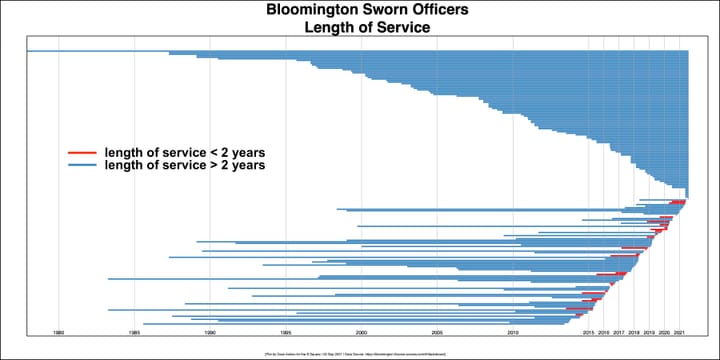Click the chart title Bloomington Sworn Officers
pyautogui.click(x=359, y=10)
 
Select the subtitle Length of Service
pyautogui.click(x=359, y=28)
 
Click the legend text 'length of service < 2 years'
pyautogui.click(x=184, y=152)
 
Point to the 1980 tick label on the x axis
pyautogui.click(x=59, y=331)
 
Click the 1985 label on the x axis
pyautogui.click(x=134, y=331)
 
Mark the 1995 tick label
pyautogui.click(x=286, y=331)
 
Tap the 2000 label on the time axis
pyautogui.click(x=361, y=331)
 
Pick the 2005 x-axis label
pyautogui.click(x=437, y=331)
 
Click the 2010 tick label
pyautogui.click(x=513, y=331)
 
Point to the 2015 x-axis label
pyautogui.click(x=589, y=331)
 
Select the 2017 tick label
pyautogui.click(x=619, y=331)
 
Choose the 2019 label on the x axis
pyautogui.click(x=649, y=331)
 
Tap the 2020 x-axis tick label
pyautogui.click(x=664, y=331)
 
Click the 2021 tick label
pyautogui.click(x=680, y=331)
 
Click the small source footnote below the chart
pyautogui.click(x=359, y=353)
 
